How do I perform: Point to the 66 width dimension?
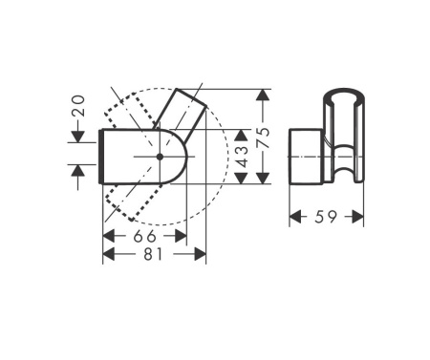[x=144, y=236]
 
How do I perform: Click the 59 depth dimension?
[x=327, y=218]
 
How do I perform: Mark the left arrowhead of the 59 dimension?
[x=295, y=218]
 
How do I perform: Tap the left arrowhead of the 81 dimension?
[x=107, y=254]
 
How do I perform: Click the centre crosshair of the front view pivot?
[x=159, y=155]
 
